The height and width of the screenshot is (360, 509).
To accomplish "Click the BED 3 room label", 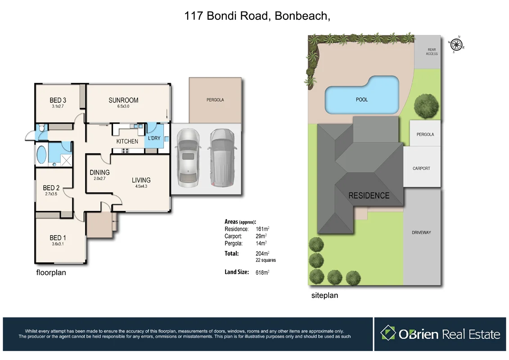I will [58, 100].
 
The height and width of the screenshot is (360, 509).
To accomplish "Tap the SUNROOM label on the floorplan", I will [123, 100].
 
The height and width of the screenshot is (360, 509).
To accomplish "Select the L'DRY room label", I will [154, 138].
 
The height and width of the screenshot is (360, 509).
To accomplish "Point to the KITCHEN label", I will [127, 141].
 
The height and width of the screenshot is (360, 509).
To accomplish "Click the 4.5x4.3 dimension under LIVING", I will [141, 186].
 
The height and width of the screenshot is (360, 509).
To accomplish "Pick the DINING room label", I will [99, 172].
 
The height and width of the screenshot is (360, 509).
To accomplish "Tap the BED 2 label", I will [51, 188].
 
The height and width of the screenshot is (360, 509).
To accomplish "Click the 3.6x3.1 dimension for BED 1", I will [58, 244].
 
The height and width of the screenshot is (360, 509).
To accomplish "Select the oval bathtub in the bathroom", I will [41, 155].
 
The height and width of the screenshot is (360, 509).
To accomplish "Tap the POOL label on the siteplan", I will [361, 99].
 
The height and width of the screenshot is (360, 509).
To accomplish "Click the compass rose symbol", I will [456, 44].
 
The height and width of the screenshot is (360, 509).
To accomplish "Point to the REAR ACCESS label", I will [431, 52].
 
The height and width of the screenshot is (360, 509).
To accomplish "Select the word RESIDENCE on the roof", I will [369, 195].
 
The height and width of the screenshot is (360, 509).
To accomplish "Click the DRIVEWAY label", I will [421, 233].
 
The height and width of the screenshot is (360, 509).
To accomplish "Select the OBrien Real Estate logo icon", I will [388, 333].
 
